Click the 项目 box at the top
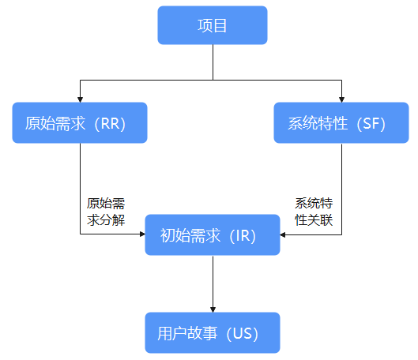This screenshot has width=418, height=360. pos(213,25)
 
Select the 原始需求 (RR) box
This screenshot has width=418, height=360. pos(80,122)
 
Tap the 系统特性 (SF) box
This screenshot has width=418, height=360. pos(341,122)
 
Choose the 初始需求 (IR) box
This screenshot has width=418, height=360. pos(213,234)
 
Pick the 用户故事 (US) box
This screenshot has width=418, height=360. pos(213,333)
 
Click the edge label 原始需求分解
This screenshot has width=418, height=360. pos(106,212)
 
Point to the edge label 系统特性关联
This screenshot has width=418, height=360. pos(314,212)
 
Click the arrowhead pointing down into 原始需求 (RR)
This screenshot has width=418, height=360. pos(80,99)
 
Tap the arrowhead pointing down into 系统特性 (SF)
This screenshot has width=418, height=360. pos(341,99)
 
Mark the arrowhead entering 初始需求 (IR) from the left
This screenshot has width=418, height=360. pos(142,234)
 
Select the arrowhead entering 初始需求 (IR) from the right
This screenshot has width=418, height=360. pos(283,234)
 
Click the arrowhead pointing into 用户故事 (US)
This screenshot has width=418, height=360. pos(213,309)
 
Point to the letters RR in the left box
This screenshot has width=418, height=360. pos(110,124)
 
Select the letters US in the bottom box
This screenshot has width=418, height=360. pos(243,334)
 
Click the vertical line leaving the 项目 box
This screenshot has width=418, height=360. pos(213,62)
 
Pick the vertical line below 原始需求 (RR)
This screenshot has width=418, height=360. pos(80,189)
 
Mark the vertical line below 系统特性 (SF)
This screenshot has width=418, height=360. pos(341,189)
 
